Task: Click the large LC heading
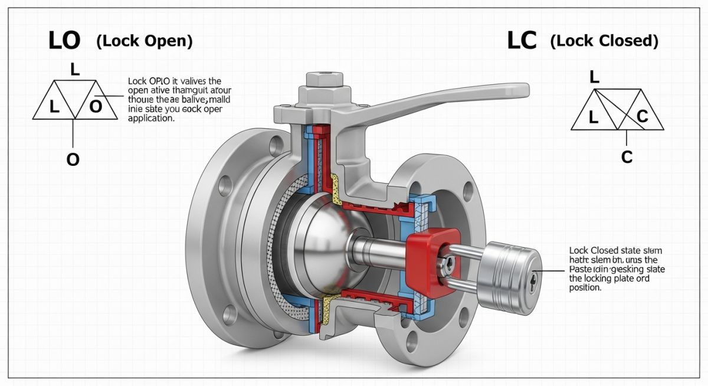[x=522, y=41]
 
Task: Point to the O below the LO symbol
[x=73, y=160]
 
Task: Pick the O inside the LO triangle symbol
[x=95, y=107]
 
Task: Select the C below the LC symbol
[x=627, y=157]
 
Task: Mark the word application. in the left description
[x=151, y=118]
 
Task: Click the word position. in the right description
[x=585, y=288]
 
